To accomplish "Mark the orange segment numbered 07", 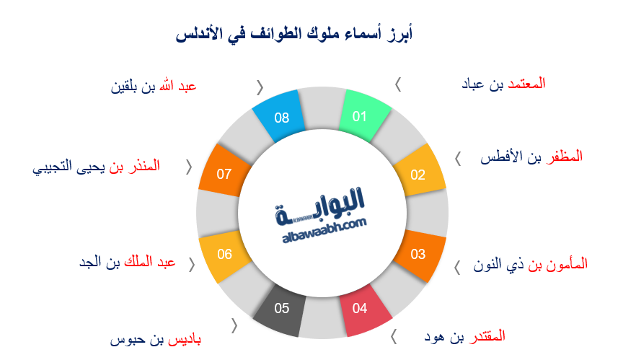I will tap(224, 173).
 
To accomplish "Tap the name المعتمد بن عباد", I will tap(503, 84).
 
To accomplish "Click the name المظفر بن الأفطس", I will tap(531, 157).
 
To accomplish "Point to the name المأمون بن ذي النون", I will tap(530, 265).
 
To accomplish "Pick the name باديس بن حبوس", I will tap(155, 339).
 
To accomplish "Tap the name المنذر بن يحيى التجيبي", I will tap(96, 167).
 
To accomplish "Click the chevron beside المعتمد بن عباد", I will tap(397, 84).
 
